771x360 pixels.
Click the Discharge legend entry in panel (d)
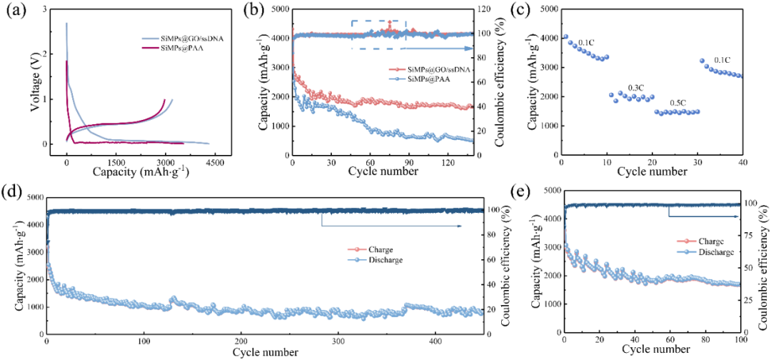pos(385,260)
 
